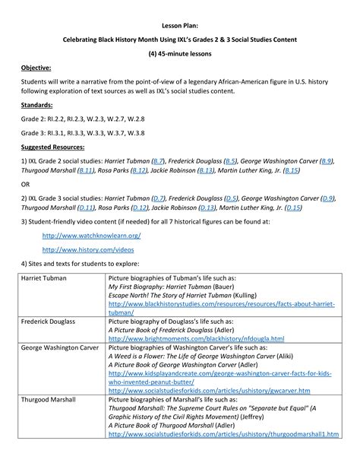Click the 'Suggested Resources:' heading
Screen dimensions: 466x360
coord(53,147)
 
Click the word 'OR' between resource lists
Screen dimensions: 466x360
coord(26,185)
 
